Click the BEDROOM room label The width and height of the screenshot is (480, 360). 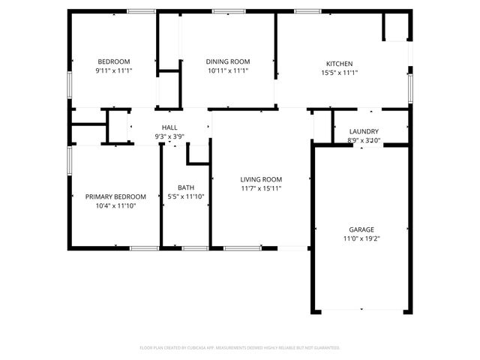coord(114,61)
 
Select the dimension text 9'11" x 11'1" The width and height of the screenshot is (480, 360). coord(114,70)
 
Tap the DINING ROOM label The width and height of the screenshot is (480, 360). coord(228,61)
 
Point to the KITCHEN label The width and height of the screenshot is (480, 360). coord(339,64)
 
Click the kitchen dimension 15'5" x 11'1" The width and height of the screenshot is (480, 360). coord(339,73)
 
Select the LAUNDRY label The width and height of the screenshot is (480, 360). coord(364,131)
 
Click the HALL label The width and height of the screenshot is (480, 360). coord(170,128)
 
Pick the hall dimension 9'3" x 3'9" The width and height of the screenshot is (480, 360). coord(170,137)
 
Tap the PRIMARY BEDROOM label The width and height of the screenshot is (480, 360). coord(115,196)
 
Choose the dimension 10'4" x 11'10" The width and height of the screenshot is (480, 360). coord(115,205)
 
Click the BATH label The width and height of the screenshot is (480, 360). coord(186,187)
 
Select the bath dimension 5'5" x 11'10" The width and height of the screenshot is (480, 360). coord(186,196)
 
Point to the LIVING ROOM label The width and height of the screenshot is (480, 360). coord(261,179)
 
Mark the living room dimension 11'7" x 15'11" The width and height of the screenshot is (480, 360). coord(261,188)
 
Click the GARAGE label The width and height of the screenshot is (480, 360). coord(361,229)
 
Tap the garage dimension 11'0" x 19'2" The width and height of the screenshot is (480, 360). coord(361,238)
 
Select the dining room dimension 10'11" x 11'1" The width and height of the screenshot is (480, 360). coord(228,70)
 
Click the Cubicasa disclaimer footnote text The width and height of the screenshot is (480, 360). coord(240,348)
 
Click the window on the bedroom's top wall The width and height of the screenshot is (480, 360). coord(141,11)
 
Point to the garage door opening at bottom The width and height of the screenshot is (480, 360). coord(361,310)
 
